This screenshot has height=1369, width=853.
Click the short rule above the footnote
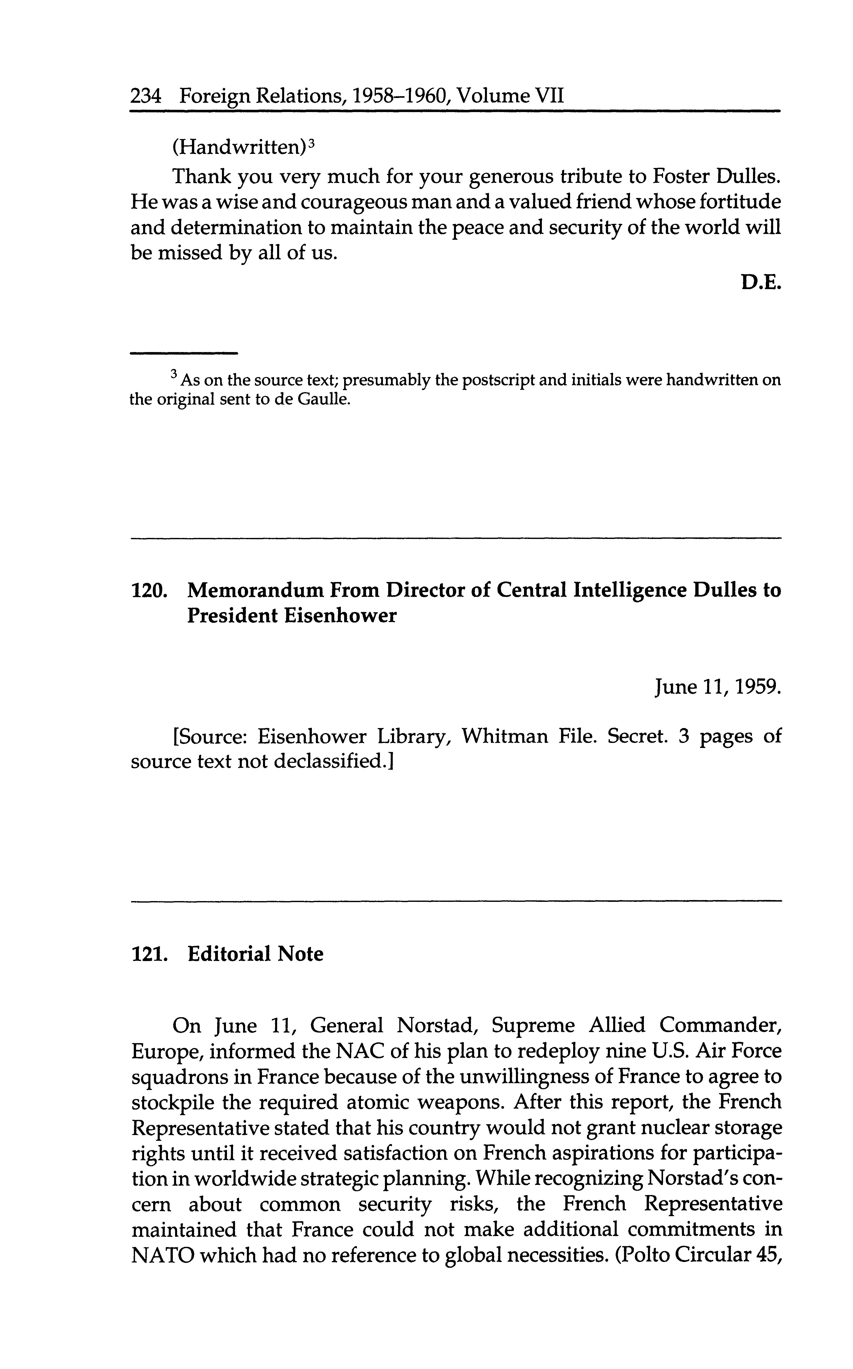[x=184, y=354]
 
